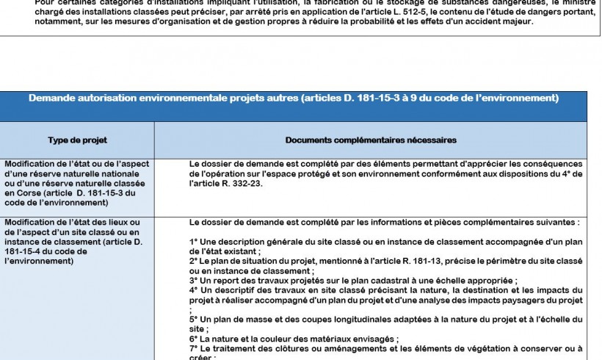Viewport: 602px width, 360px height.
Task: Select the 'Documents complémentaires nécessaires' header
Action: [371, 140]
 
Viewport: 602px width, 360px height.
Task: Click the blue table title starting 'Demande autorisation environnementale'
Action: [294, 98]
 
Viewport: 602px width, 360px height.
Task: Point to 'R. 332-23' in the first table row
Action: [240, 183]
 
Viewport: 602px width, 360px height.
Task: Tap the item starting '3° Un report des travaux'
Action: [352, 280]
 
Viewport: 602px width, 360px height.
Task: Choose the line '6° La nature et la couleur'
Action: [294, 339]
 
